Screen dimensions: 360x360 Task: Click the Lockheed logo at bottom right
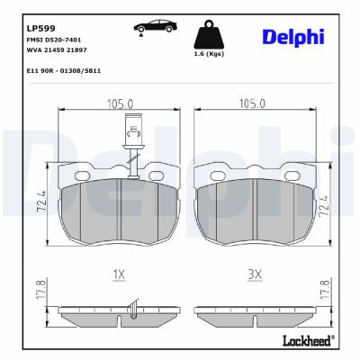point(307,340)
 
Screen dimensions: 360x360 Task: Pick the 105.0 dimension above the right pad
point(253,103)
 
